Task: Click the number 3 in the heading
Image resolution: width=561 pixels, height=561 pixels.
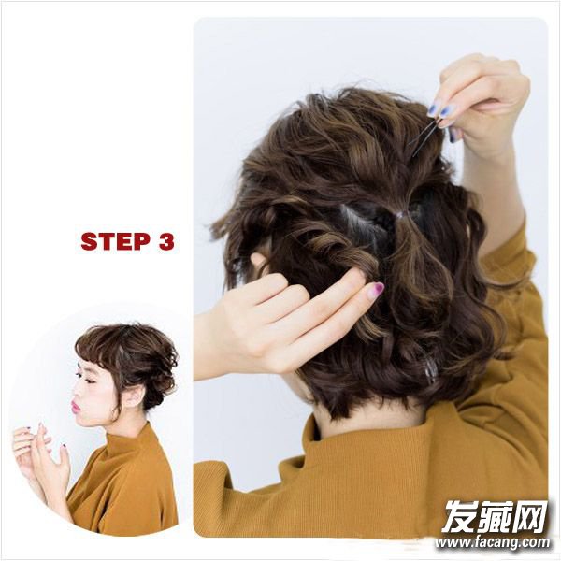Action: [165, 241]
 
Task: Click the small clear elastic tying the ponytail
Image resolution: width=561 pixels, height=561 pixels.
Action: [399, 215]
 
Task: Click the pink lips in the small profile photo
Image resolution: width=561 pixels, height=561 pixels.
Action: [76, 407]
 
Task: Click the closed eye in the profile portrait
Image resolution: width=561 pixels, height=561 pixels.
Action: [91, 381]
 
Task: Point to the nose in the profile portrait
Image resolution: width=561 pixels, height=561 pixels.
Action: [76, 391]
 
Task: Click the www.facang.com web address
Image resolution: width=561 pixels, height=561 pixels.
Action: [493, 542]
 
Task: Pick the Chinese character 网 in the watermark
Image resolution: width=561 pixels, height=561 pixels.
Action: [530, 517]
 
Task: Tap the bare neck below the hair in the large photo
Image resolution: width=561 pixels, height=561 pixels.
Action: [365, 423]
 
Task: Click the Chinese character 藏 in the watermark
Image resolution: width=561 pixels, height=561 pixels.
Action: [495, 517]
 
